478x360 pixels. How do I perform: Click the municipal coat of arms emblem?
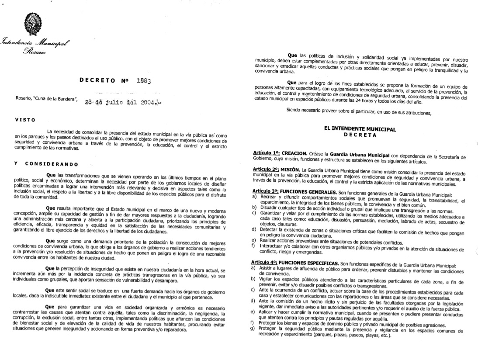click(x=32, y=24)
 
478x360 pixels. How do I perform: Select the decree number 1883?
click(x=143, y=81)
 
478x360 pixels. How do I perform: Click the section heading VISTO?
click(x=24, y=120)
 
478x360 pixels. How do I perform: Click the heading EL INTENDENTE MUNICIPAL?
click(x=360, y=129)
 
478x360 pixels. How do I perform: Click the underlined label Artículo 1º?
click(x=266, y=155)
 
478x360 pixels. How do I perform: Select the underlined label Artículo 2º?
click(x=266, y=169)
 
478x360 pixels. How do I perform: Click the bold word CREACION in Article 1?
click(x=294, y=155)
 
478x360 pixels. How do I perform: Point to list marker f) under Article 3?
click(x=253, y=246)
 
